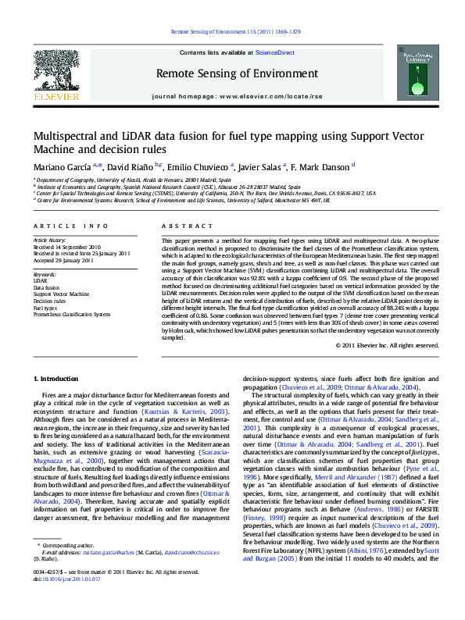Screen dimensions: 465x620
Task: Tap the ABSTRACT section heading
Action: pyautogui.click(x=176, y=225)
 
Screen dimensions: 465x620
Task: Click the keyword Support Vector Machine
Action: pyautogui.click(x=61, y=294)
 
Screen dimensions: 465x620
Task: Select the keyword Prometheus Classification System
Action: pyautogui.click(x=72, y=314)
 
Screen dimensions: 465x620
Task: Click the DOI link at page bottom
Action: pyautogui.click(x=67, y=602)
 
